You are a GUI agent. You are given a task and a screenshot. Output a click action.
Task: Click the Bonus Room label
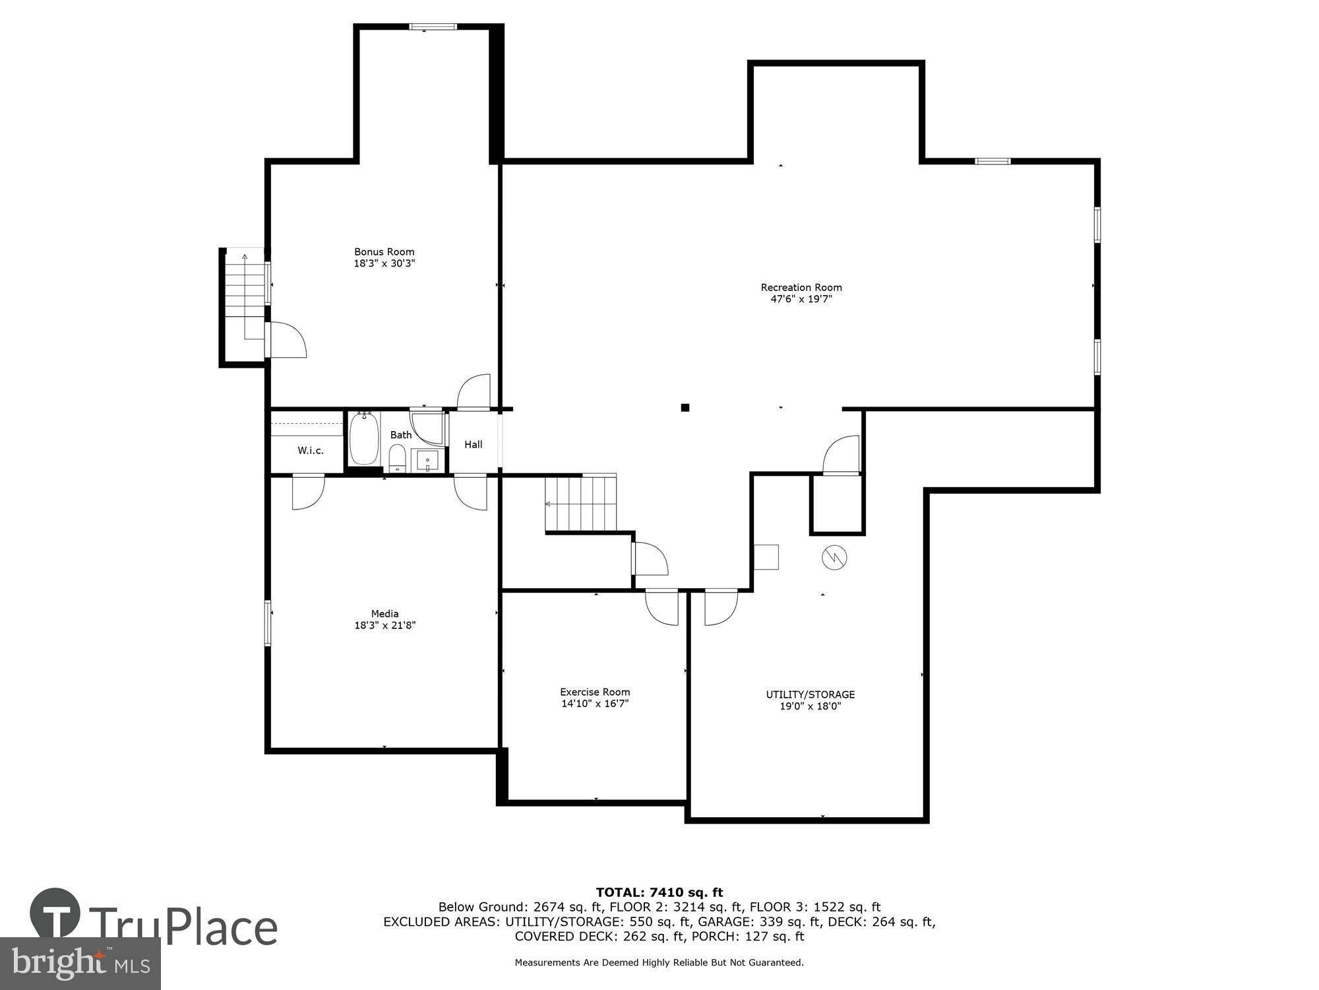384,251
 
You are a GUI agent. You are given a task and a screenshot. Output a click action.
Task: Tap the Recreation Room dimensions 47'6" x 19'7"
801,299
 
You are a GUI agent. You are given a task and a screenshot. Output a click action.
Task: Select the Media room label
384,614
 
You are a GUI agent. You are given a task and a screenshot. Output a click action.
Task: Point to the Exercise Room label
595,692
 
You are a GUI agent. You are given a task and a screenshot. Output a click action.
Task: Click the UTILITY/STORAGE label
810,694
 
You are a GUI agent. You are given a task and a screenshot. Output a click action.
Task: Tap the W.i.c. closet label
310,451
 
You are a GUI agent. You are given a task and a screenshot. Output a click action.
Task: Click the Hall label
473,445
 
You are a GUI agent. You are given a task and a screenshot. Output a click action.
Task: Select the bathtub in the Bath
363,438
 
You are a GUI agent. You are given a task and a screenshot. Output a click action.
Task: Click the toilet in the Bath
397,458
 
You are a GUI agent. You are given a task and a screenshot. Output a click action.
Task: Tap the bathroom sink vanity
427,461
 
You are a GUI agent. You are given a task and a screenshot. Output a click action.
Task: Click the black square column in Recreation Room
685,408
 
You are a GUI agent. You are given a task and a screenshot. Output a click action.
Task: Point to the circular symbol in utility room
834,558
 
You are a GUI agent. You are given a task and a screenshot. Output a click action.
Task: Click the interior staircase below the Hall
580,504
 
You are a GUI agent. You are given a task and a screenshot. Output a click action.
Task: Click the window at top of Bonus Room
433,27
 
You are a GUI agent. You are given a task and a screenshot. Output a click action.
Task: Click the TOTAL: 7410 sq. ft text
659,893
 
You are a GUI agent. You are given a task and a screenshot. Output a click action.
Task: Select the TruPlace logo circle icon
55,913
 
